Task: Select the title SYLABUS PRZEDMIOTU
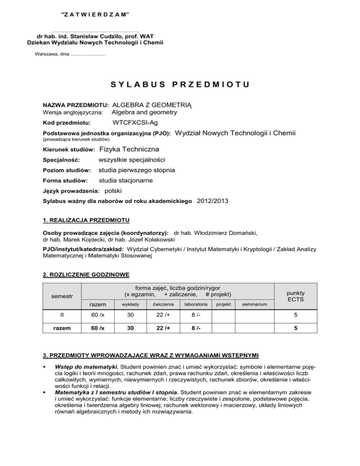(180, 85)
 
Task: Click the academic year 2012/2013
(214, 201)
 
